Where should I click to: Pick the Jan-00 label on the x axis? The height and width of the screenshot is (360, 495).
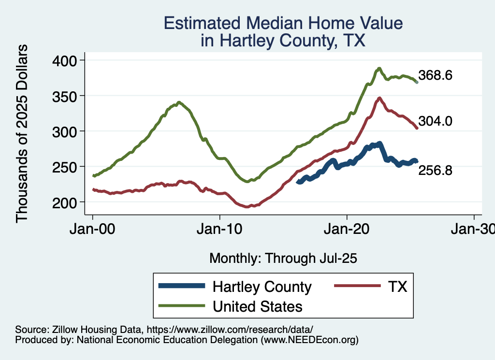(93, 229)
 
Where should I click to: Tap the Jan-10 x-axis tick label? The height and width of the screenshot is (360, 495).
(220, 229)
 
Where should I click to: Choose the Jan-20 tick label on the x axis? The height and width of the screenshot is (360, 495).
(347, 229)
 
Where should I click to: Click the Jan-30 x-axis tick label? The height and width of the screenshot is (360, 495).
(473, 229)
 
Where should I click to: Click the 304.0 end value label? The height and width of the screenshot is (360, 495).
(435, 121)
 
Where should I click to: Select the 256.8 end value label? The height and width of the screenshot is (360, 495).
(435, 170)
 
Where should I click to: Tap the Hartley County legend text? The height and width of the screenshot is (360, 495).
(262, 287)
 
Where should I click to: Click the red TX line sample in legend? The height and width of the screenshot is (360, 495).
(356, 287)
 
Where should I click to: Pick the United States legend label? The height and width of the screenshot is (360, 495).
(258, 306)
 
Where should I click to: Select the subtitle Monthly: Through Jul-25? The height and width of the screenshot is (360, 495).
(283, 259)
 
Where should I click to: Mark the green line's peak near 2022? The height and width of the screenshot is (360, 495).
(379, 68)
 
